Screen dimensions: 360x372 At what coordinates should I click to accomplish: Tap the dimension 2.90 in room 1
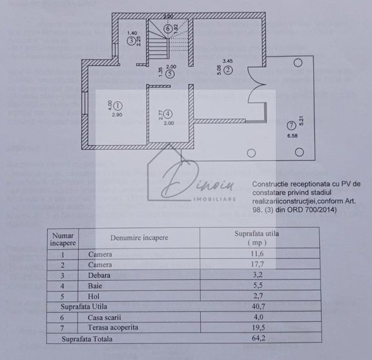tap(117, 115)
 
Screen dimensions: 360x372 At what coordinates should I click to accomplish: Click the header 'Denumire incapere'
tap(139, 237)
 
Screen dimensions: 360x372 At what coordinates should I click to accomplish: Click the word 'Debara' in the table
tap(99, 275)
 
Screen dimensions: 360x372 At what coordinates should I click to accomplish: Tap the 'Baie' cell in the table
tap(96, 286)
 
